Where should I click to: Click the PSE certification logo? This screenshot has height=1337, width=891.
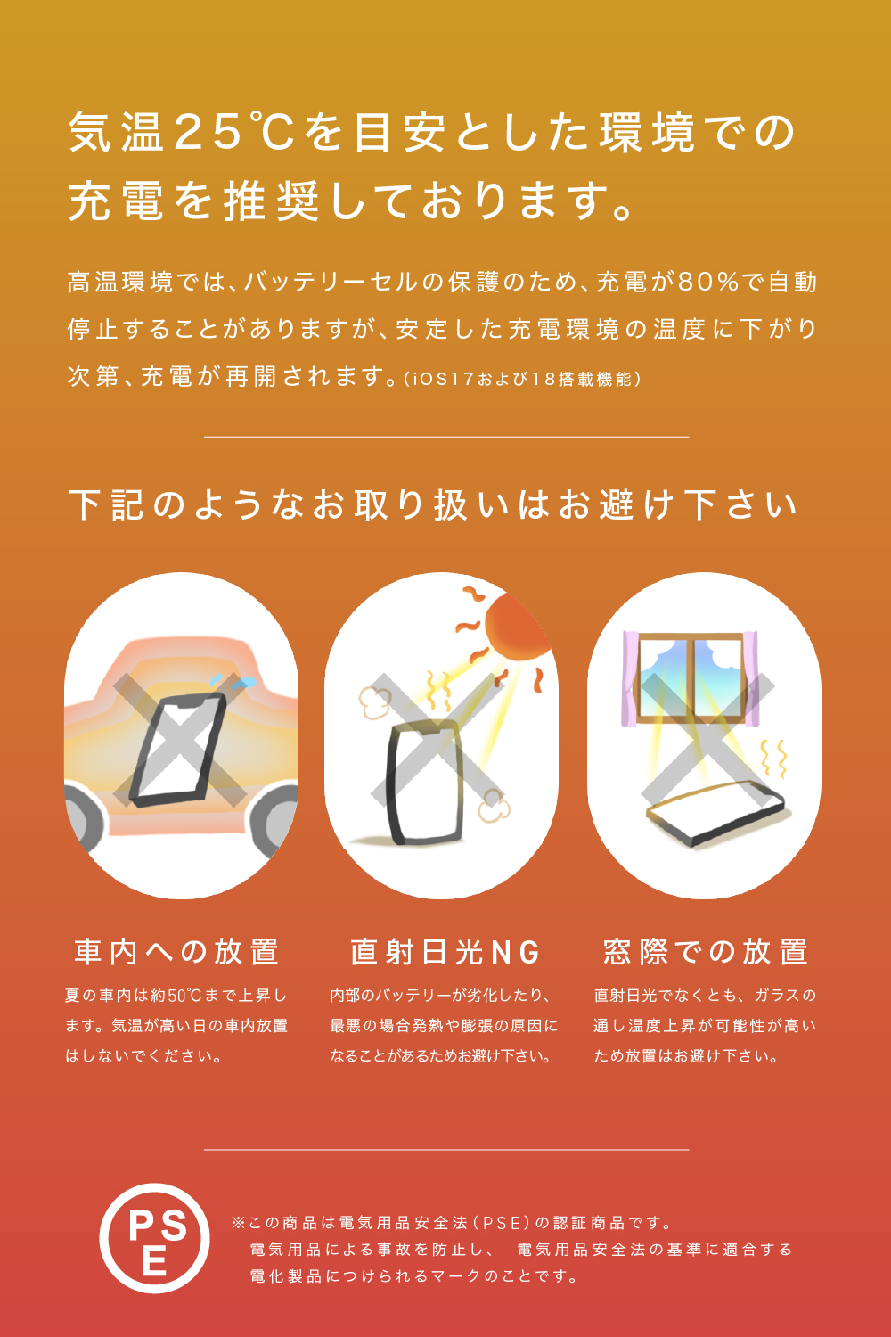154,1239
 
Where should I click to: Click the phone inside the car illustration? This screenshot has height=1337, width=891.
177,750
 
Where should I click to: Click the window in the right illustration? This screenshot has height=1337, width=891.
692,678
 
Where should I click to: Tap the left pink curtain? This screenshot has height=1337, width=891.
630,678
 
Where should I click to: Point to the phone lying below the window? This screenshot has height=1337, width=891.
715,814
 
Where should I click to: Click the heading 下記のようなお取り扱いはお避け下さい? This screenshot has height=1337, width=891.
433,505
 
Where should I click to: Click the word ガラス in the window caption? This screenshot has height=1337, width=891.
776,996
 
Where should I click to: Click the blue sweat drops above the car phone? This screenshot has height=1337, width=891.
233,682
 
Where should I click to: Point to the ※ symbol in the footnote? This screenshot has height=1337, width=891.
238,1223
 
